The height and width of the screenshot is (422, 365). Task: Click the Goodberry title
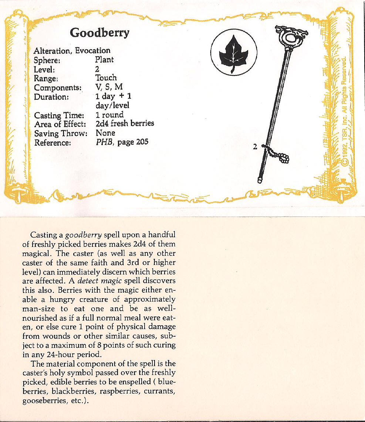pos(100,33)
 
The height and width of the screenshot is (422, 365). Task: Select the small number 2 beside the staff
pos(254,147)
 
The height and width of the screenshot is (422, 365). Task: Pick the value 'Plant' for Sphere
pos(104,60)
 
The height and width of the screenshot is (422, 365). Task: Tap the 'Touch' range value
pos(106,78)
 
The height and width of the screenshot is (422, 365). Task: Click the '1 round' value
pos(109,115)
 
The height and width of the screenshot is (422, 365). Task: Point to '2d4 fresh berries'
pos(125,123)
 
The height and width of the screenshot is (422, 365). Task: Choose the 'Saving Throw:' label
pos(60,133)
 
